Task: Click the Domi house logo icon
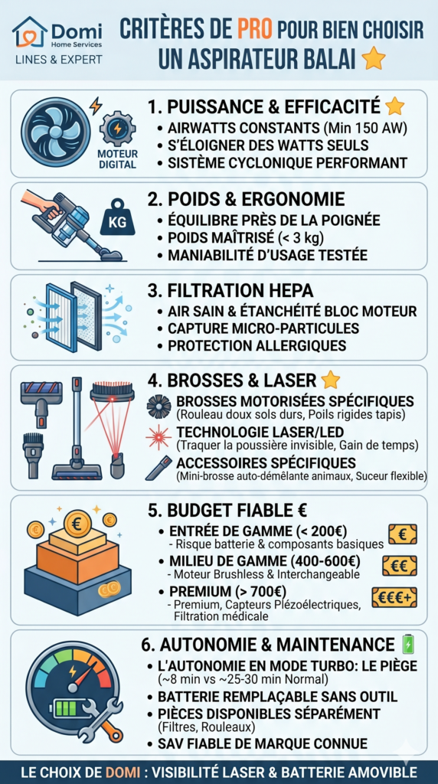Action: coord(30,31)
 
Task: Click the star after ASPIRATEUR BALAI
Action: coord(373,59)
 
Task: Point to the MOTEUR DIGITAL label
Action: coord(117,158)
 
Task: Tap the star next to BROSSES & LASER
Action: coord(329,381)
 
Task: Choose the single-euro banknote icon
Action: coord(403,534)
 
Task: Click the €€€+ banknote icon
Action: coord(394,597)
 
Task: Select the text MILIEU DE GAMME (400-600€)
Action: coord(265,561)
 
